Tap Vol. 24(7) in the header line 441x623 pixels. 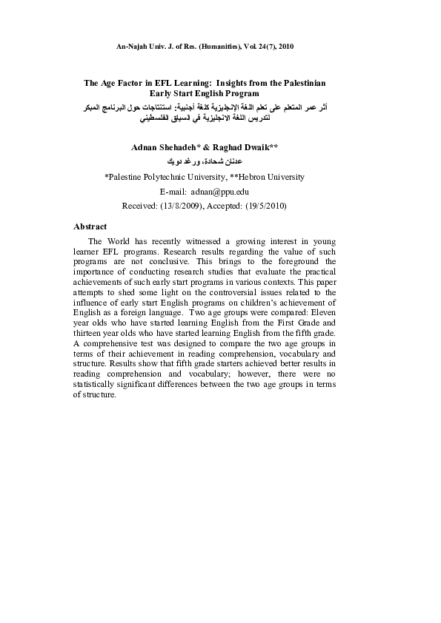click(262, 46)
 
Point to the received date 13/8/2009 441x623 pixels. click(178, 206)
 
